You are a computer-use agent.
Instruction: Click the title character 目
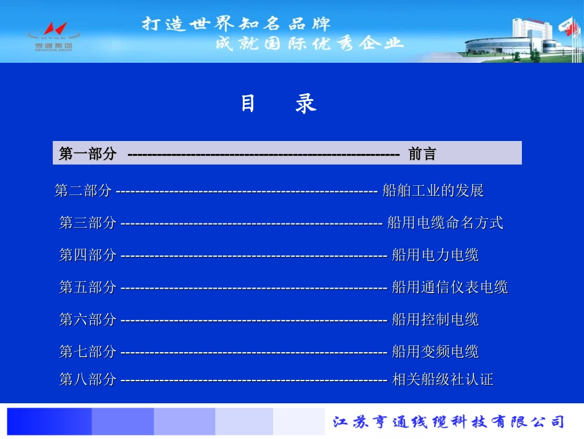pyautogui.click(x=248, y=103)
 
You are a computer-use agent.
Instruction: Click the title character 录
pyautogui.click(x=306, y=103)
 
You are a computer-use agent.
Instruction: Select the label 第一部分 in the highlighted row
pyautogui.click(x=87, y=154)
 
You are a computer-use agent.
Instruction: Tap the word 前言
pyautogui.click(x=422, y=154)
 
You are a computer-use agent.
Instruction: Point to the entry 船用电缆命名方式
pyautogui.click(x=445, y=223)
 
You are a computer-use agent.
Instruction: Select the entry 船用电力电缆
pyautogui.click(x=435, y=255)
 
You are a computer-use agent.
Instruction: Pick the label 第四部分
pyautogui.click(x=87, y=255)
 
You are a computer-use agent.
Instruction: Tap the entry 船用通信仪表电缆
pyautogui.click(x=450, y=287)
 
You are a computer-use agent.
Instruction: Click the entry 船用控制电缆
pyautogui.click(x=435, y=320)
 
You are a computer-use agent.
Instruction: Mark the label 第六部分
pyautogui.click(x=87, y=320)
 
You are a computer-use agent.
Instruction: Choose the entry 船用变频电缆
pyautogui.click(x=435, y=352)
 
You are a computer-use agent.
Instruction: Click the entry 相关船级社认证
pyautogui.click(x=443, y=379)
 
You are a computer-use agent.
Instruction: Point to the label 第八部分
pyautogui.click(x=87, y=379)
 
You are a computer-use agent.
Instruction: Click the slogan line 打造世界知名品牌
pyautogui.click(x=237, y=24)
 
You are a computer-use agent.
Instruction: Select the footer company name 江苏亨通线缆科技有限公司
pyautogui.click(x=448, y=422)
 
